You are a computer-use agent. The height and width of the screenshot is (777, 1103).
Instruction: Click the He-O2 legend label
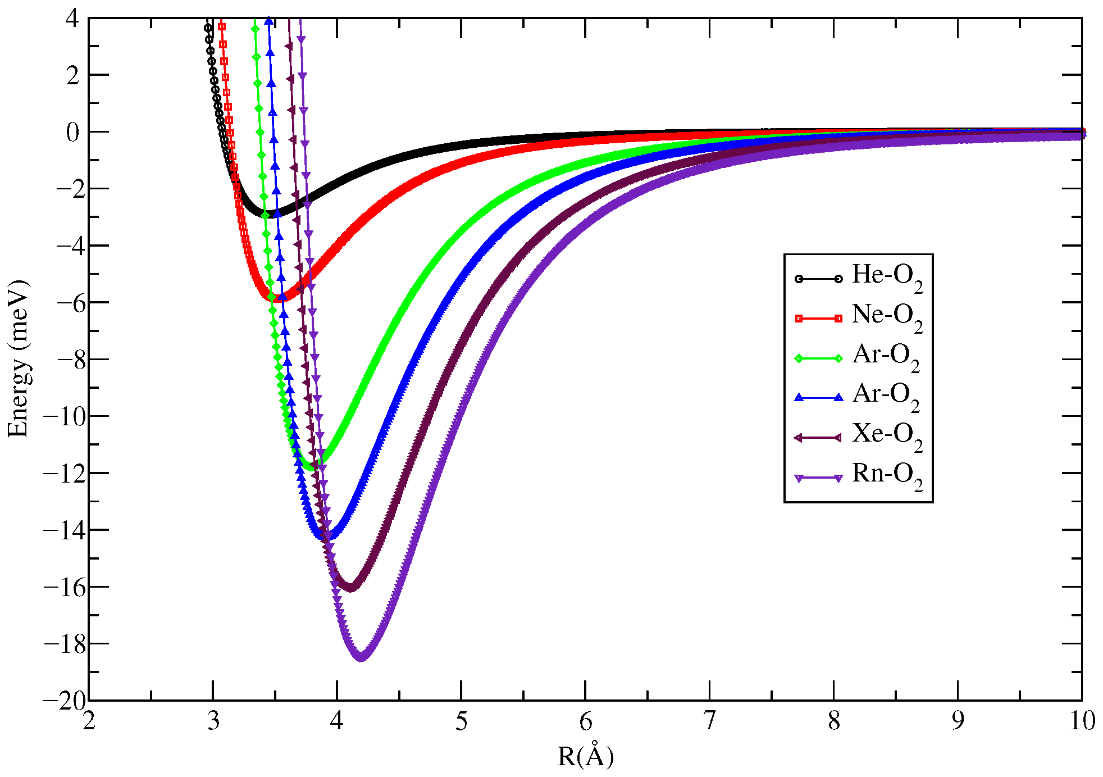point(887,278)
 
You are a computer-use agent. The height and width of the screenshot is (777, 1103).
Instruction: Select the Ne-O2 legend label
point(887,317)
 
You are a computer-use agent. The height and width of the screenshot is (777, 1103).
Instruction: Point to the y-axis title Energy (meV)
point(18,358)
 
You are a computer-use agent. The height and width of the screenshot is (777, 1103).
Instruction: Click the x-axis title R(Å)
point(585,756)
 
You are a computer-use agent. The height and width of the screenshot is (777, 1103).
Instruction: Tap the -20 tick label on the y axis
point(65,701)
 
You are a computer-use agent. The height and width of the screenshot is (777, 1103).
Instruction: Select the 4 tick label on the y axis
point(72,18)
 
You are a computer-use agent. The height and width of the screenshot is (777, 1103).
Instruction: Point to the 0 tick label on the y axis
point(72,133)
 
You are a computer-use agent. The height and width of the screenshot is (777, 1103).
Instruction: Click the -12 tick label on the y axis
point(65,473)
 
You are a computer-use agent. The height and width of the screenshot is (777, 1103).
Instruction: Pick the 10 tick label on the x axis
point(1082,721)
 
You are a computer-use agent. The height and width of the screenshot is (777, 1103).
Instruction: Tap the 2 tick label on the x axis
point(89,721)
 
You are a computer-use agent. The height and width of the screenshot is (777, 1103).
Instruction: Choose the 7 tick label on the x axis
point(709,721)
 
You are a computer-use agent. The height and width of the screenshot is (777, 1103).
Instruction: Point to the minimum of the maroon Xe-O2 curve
point(350,588)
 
